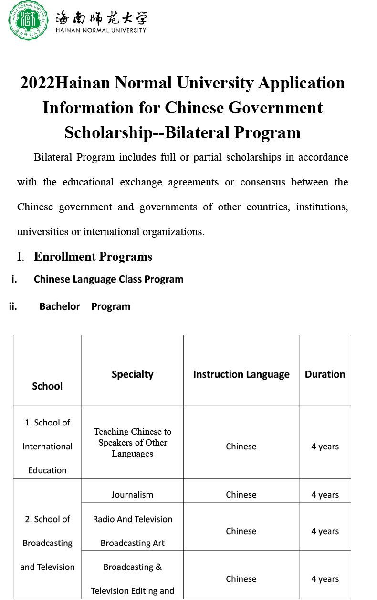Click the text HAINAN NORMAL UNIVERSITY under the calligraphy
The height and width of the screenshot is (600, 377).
101,30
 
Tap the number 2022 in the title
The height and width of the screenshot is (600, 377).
38,83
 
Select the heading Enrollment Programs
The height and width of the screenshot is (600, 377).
93,257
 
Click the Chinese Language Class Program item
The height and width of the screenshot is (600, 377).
108,279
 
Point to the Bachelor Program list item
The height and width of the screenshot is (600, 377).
84,306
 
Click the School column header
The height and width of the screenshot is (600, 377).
47,386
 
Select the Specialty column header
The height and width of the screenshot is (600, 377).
132,374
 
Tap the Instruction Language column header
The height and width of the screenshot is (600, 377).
241,374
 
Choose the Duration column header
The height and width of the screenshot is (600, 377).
325,374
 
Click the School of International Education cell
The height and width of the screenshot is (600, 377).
47,447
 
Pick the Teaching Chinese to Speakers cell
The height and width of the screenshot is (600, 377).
132,443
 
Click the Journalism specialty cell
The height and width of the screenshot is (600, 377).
132,495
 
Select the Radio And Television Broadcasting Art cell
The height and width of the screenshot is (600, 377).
132,531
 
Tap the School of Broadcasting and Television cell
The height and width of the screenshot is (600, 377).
47,543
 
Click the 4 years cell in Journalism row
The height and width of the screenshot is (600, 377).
325,495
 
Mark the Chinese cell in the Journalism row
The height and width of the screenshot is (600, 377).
241,495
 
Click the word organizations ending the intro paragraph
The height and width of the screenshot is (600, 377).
176,232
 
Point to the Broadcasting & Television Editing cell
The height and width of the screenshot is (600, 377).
132,579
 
